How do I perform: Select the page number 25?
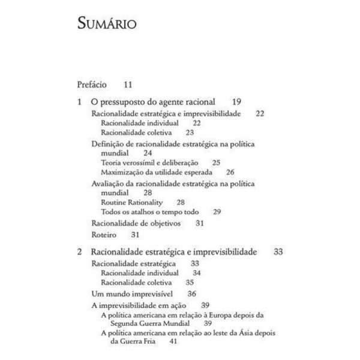click(x=217, y=162)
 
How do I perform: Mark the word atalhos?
click(x=151, y=211)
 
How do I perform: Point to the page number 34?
click(x=196, y=272)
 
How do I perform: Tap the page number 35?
click(x=190, y=281)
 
